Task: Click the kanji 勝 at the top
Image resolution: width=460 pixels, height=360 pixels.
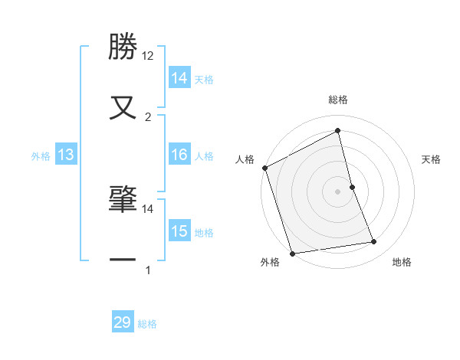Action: pyautogui.click(x=123, y=47)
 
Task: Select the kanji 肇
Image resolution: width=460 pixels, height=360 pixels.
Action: pyautogui.click(x=123, y=199)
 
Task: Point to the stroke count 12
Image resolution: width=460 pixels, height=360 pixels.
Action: pyautogui.click(x=148, y=56)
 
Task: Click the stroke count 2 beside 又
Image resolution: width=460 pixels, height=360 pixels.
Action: pyautogui.click(x=148, y=116)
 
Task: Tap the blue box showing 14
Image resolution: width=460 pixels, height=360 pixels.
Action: pyautogui.click(x=179, y=78)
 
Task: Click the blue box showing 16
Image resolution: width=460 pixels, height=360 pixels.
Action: pyautogui.click(x=179, y=155)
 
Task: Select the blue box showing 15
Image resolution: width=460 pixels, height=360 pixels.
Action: pyautogui.click(x=179, y=232)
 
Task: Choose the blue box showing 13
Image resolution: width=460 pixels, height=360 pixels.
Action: pyautogui.click(x=66, y=155)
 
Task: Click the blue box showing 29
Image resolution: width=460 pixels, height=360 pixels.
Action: pyautogui.click(x=123, y=322)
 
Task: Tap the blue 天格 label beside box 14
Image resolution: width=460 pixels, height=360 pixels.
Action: pyautogui.click(x=204, y=80)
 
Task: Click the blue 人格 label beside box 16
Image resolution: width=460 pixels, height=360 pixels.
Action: pyautogui.click(x=204, y=156)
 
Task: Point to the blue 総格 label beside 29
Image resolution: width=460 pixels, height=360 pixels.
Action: pyautogui.click(x=147, y=324)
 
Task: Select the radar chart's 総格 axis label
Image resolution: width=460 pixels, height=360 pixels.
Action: pyautogui.click(x=338, y=100)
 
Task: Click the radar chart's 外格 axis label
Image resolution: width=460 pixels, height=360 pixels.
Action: pyautogui.click(x=270, y=263)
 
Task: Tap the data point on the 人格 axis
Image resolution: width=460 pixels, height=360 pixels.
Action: pyautogui.click(x=264, y=168)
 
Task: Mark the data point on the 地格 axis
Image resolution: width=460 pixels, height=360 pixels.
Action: pyautogui.click(x=374, y=242)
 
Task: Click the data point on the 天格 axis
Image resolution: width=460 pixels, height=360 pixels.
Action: pyautogui.click(x=352, y=187)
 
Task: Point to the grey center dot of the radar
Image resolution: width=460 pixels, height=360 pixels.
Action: pyautogui.click(x=338, y=191)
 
